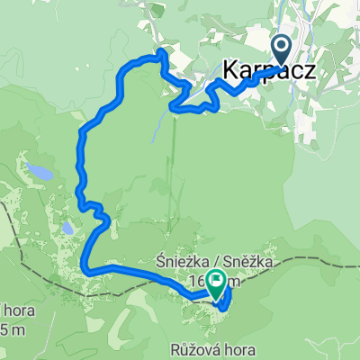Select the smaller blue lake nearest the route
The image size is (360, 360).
coord(67,229)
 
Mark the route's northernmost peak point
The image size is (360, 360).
coord(161,53)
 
